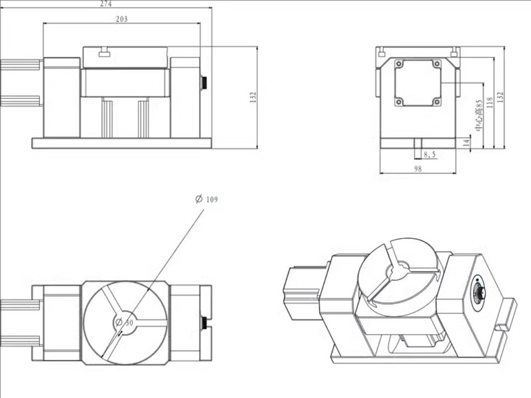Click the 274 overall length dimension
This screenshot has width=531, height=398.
(106, 3)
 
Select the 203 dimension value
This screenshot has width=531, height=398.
(122, 19)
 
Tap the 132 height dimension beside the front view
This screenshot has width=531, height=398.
(253, 97)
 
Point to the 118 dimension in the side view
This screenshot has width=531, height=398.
(490, 102)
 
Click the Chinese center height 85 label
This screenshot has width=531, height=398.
(479, 115)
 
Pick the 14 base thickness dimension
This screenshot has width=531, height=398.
(466, 142)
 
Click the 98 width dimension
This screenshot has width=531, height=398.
(418, 169)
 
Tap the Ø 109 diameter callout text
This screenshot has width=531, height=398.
(207, 199)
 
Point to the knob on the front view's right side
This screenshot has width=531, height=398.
(204, 83)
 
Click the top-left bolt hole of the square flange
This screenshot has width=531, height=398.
(399, 64)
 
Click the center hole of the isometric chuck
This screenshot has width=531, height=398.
(397, 271)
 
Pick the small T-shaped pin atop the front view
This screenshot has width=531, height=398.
(103, 53)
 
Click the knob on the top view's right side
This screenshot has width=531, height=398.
(204, 322)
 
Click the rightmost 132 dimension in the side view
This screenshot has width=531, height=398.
(501, 97)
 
